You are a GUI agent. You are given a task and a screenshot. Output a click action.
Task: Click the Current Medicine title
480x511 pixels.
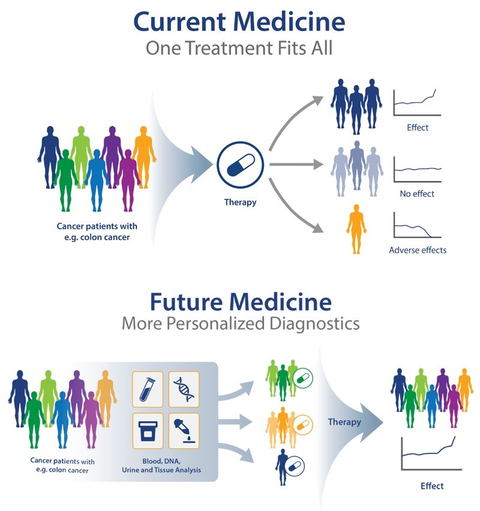click(x=239, y=22)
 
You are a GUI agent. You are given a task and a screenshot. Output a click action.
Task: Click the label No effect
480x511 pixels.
click(x=417, y=194)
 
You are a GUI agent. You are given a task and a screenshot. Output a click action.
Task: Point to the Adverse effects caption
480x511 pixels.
click(x=418, y=250)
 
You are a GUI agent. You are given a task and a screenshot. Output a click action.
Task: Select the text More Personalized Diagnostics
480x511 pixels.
click(x=239, y=324)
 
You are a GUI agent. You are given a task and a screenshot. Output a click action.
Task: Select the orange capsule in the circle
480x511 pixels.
click(x=305, y=423)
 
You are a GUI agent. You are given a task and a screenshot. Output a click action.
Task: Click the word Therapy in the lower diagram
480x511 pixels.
click(x=344, y=422)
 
